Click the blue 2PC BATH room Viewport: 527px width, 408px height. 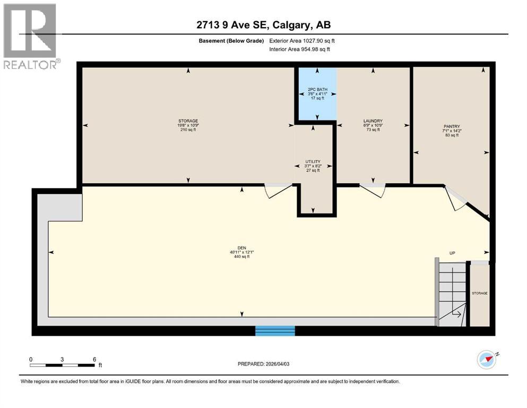pyautogui.click(x=316, y=94)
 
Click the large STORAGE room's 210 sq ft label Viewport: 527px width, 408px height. pyautogui.click(x=188, y=130)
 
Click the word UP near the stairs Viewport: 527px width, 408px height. pyautogui.click(x=452, y=253)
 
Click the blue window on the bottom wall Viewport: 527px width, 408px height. pyautogui.click(x=275, y=330)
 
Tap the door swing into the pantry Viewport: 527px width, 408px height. pyautogui.click(x=454, y=198)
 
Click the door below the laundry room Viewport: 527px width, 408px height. pyautogui.click(x=373, y=189)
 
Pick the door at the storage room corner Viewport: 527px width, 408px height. pyautogui.click(x=278, y=190)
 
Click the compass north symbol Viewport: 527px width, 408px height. pyautogui.click(x=486, y=360)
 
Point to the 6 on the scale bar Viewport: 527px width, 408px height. pyautogui.click(x=94, y=359)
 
